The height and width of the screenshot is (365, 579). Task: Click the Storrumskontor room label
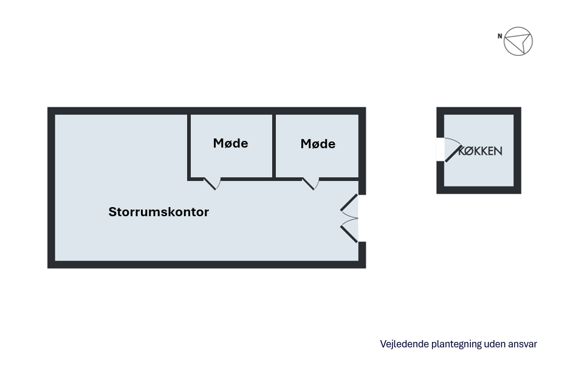click(x=159, y=212)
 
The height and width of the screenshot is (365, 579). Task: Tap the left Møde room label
click(x=230, y=143)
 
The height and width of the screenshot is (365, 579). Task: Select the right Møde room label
click(x=318, y=144)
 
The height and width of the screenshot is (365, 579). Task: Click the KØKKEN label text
click(x=480, y=151)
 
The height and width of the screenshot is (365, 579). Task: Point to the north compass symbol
click(x=518, y=41)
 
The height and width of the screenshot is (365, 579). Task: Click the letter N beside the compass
click(x=499, y=36)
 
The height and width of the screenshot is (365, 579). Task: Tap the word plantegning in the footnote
click(x=456, y=344)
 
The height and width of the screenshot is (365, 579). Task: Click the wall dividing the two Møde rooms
click(x=274, y=146)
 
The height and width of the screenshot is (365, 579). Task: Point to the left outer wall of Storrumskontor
click(x=52, y=188)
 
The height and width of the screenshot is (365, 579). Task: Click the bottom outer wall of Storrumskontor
click(x=207, y=264)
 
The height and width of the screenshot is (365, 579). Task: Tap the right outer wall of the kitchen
click(x=517, y=151)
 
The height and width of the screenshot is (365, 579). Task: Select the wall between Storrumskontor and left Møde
click(x=189, y=146)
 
